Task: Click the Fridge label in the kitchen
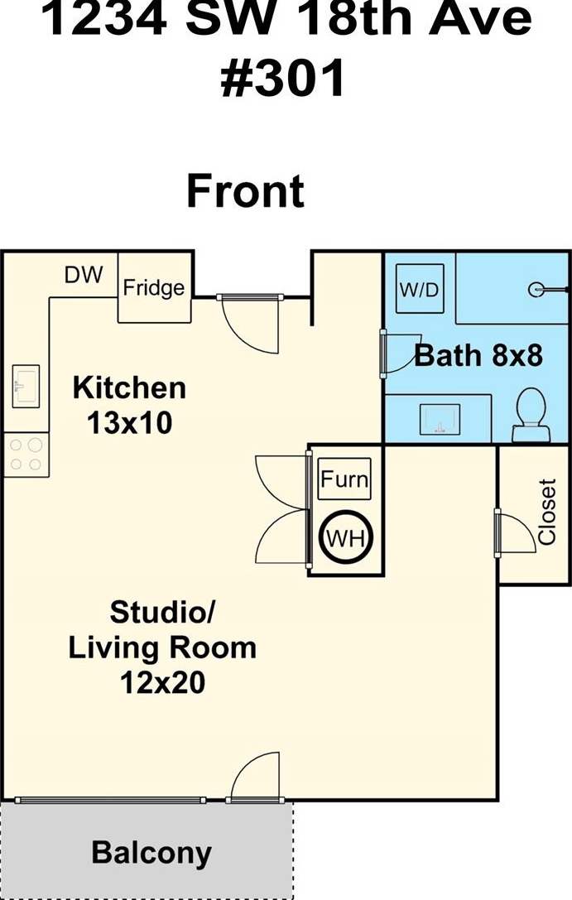point(154,287)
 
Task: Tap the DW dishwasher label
point(84,275)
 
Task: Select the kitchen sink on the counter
point(26,386)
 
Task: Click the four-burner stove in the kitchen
point(26,454)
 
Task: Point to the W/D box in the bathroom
point(421,289)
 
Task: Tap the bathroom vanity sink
point(440,419)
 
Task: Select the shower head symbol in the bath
point(536,290)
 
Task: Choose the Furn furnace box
point(344,479)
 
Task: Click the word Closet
point(547,512)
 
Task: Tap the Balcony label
point(151,853)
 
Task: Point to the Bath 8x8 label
point(478,355)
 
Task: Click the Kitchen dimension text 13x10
point(130,424)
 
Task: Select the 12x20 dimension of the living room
point(162,683)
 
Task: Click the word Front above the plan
point(246,191)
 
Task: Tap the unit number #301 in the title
point(283,78)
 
